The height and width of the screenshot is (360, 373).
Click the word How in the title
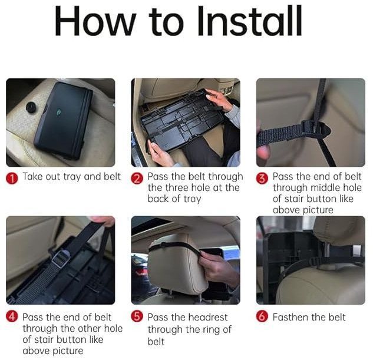click(95, 21)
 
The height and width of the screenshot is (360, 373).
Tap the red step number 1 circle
click(12, 178)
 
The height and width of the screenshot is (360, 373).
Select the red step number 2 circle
click(137, 178)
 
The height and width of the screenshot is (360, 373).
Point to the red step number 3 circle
click(262, 178)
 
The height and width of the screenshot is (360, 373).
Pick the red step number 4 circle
click(12, 316)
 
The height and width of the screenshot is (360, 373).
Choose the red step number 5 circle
click(137, 316)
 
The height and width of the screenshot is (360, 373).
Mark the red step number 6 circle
click(262, 316)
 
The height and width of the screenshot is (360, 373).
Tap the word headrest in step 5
click(208, 317)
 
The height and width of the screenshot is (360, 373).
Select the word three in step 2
click(177, 187)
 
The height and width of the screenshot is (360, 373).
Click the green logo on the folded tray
click(58, 111)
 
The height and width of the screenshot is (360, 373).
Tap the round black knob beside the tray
click(31, 107)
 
